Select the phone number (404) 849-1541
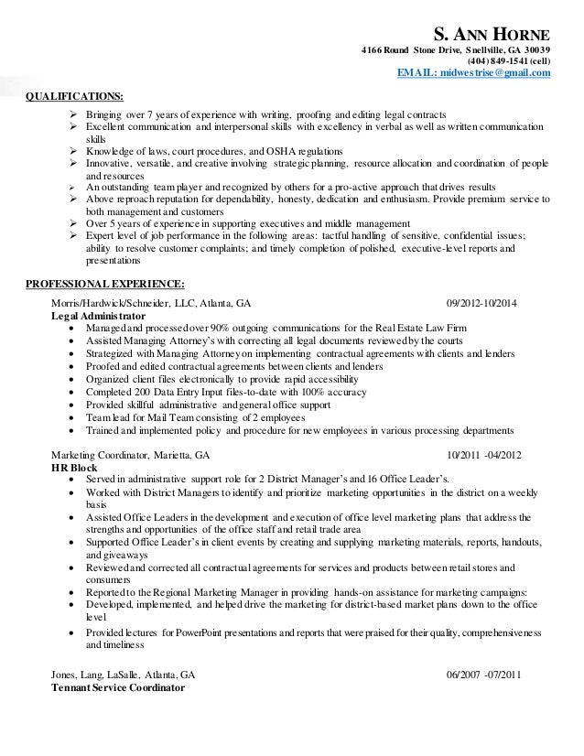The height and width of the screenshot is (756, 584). pos(496,60)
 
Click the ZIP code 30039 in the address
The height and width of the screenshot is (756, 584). pos(535,49)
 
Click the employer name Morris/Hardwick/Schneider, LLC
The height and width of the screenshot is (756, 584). pos(124,303)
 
